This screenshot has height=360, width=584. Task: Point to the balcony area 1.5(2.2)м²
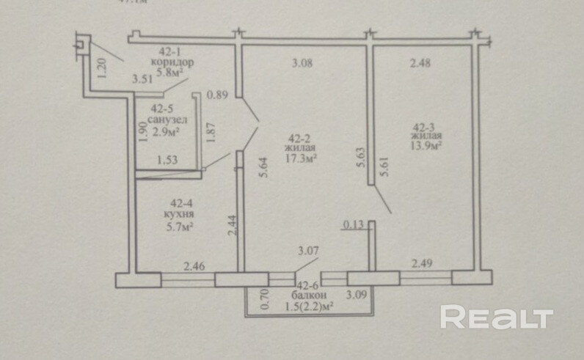point(307,306)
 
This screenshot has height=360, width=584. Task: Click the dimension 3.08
point(302,63)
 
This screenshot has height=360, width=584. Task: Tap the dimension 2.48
point(420,63)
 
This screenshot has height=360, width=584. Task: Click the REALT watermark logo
point(495,317)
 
